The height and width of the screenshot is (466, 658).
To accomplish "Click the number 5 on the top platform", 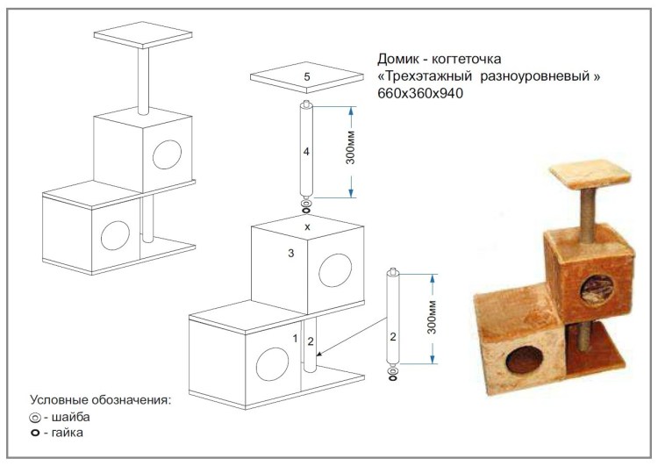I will [x=307, y=78].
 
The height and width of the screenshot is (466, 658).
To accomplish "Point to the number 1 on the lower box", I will [x=296, y=337].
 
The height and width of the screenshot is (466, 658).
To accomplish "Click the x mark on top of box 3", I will [x=307, y=226].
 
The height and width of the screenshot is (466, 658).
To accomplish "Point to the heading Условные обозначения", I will [x=100, y=400].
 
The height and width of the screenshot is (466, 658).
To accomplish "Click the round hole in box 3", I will [x=334, y=270].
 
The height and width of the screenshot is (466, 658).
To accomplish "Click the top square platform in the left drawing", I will [x=143, y=35].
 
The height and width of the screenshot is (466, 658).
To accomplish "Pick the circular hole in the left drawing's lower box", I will [x=115, y=235].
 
